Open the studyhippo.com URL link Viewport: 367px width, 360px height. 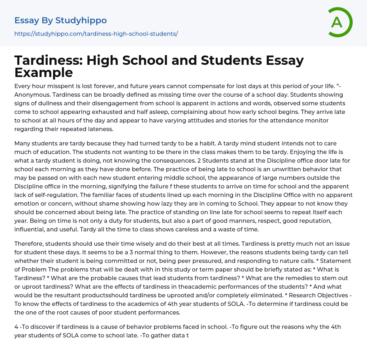click(x=96, y=34)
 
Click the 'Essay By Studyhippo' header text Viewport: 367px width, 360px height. click(x=61, y=20)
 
